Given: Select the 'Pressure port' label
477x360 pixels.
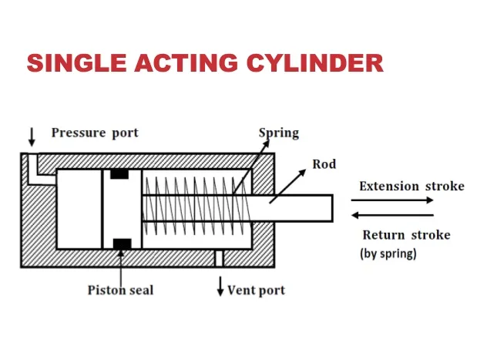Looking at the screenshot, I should click(x=95, y=133).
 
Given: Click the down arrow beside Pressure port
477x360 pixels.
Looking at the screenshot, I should click(x=32, y=136).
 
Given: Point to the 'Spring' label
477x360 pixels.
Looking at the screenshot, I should click(x=278, y=133).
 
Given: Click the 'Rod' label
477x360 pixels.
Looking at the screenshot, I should click(x=324, y=164).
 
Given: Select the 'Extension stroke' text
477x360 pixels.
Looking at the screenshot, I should click(x=411, y=186).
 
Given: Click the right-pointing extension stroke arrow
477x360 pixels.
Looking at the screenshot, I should click(x=395, y=200).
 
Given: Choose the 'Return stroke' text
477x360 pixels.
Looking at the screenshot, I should click(x=406, y=235).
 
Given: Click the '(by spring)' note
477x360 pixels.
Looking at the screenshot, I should click(x=388, y=254).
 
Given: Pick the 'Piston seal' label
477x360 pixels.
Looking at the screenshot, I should click(x=119, y=290).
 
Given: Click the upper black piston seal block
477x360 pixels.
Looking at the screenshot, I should click(x=119, y=173).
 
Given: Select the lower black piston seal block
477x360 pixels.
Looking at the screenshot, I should click(x=120, y=244).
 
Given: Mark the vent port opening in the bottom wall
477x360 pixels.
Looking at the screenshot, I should click(x=220, y=257).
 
